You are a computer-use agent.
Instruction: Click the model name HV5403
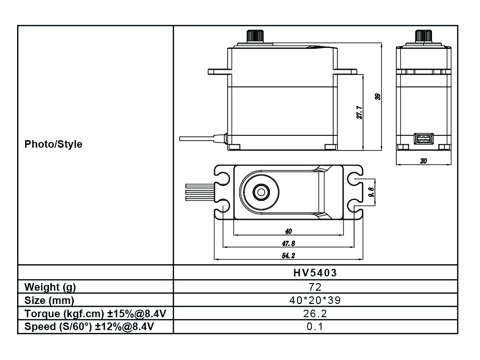[x=315, y=273]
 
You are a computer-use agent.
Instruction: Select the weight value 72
[x=315, y=286]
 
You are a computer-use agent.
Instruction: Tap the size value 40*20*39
[x=315, y=300]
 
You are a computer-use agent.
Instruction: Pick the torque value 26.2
[x=315, y=313]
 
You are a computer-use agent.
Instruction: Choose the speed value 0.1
[x=315, y=327]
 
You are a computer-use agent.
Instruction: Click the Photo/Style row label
[x=53, y=144]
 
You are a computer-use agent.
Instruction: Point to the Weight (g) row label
[x=50, y=286]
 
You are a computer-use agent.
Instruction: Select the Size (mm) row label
[x=49, y=300]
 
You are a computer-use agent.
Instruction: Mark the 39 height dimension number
[x=378, y=96]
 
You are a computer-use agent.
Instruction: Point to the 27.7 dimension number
[x=360, y=112]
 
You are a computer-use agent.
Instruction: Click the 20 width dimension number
[x=423, y=161]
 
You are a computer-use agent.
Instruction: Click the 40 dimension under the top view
[x=288, y=231]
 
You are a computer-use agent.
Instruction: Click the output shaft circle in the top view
[x=260, y=192]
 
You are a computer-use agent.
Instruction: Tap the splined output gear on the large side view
[x=255, y=36]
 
